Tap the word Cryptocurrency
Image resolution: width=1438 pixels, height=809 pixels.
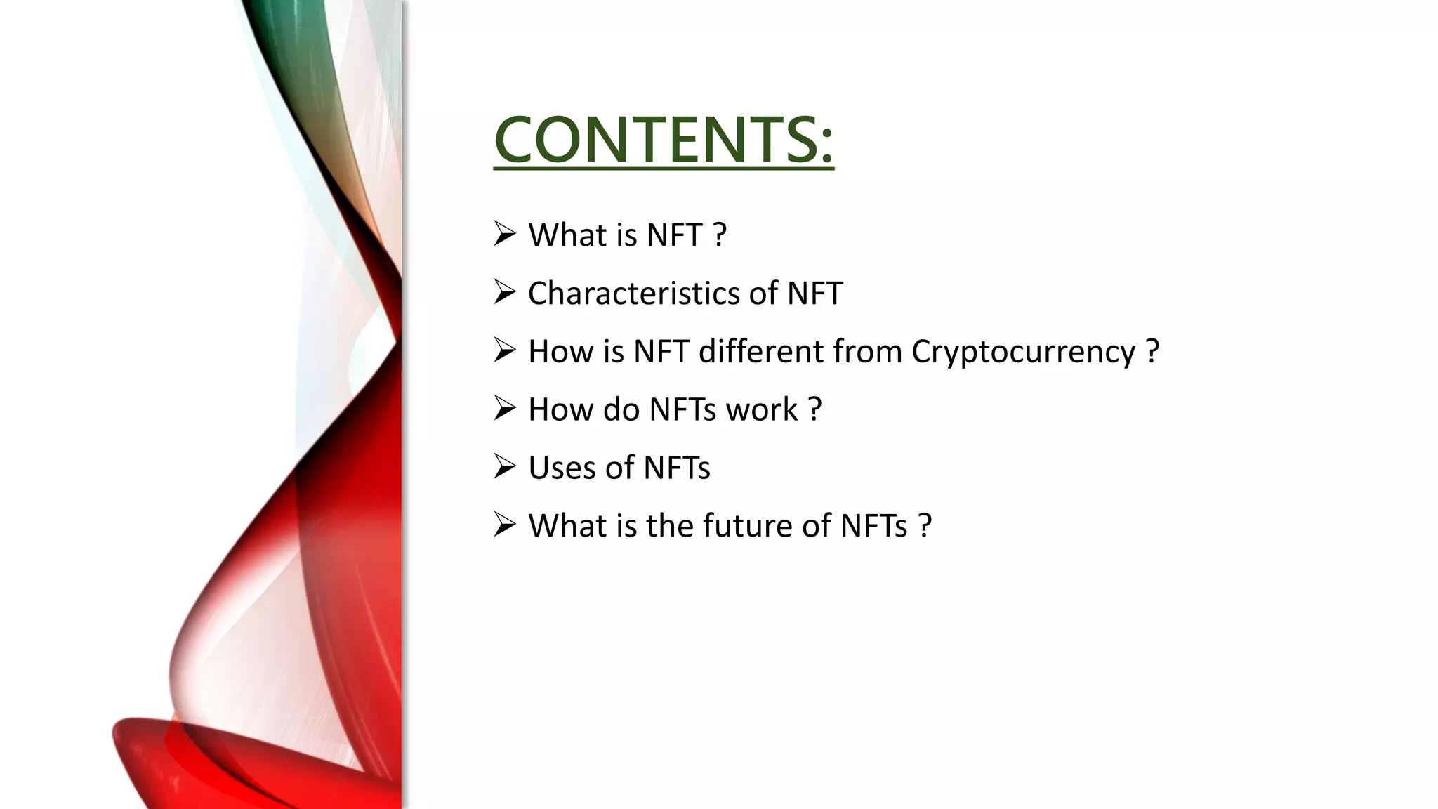point(1023,351)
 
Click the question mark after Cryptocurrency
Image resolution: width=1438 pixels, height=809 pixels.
point(1152,351)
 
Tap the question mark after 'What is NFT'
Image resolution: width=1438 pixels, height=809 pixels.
point(719,235)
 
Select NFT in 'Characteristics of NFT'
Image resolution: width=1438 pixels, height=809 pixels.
point(814,293)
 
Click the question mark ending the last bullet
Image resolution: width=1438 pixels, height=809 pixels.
point(925,525)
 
